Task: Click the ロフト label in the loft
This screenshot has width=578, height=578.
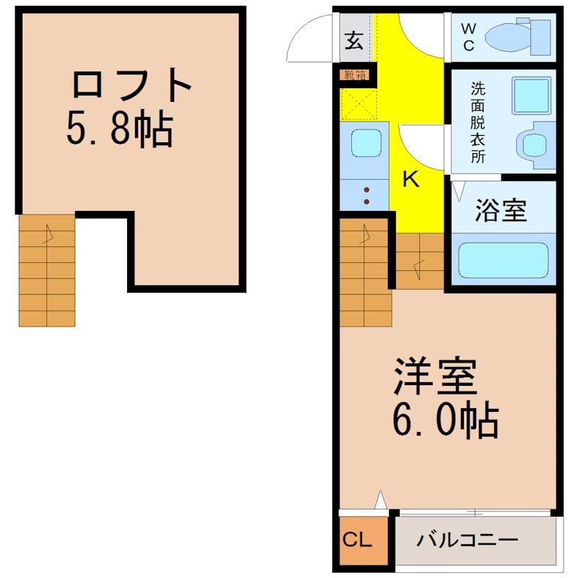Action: pyautogui.click(x=131, y=84)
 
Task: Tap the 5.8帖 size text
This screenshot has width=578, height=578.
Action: pyautogui.click(x=119, y=129)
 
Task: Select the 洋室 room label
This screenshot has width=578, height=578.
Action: pyautogui.click(x=436, y=376)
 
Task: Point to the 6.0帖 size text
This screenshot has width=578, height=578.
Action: pyautogui.click(x=445, y=420)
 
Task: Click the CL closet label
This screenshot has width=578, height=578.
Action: pyautogui.click(x=357, y=540)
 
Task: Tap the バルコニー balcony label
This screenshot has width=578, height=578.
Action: pyautogui.click(x=467, y=540)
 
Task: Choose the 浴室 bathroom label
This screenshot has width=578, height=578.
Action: pyautogui.click(x=500, y=210)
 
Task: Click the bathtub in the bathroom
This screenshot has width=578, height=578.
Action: pyautogui.click(x=503, y=260)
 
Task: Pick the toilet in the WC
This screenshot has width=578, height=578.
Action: pyautogui.click(x=517, y=37)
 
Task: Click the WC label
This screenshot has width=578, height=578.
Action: pyautogui.click(x=468, y=37)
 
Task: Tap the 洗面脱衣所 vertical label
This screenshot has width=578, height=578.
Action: pyautogui.click(x=478, y=122)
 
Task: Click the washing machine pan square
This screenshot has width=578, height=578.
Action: pyautogui.click(x=531, y=95)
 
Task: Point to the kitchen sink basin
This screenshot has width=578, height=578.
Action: pyautogui.click(x=366, y=142)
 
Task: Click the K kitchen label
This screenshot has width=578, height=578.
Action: pyautogui.click(x=410, y=179)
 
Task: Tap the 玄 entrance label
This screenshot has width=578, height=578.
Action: pyautogui.click(x=354, y=40)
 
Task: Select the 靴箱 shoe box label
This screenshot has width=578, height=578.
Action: pyautogui.click(x=355, y=75)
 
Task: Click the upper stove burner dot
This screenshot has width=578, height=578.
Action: pyautogui.click(x=366, y=190)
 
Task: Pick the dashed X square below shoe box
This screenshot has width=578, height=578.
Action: pyautogui.click(x=359, y=104)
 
